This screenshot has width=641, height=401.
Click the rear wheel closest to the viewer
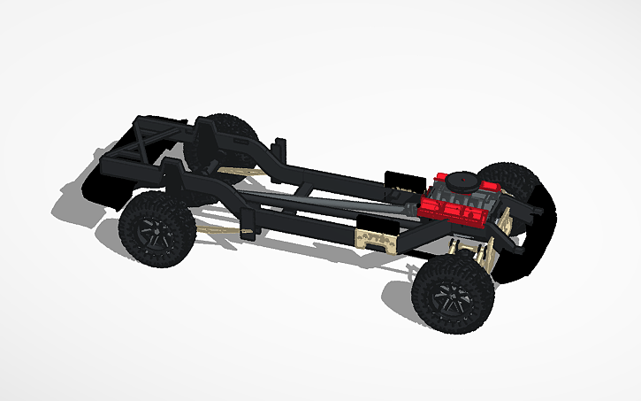(x=157, y=227)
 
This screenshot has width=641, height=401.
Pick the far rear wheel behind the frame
(x=232, y=133)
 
